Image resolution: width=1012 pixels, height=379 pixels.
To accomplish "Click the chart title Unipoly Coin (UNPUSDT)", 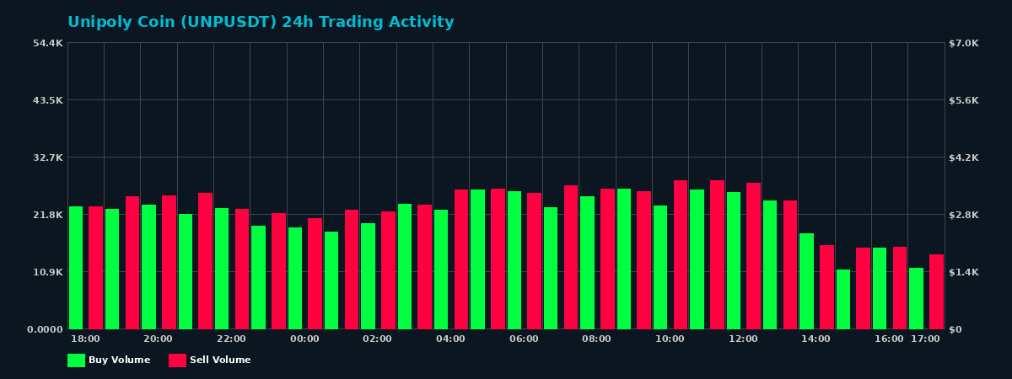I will (261, 23).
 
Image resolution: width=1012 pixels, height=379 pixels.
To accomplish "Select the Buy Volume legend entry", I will (109, 360).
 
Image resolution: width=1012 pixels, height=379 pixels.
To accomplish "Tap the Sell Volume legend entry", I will (210, 360).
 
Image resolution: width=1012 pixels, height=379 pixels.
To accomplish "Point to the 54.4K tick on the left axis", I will (48, 43).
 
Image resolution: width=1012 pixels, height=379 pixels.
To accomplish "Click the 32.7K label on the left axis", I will (48, 157).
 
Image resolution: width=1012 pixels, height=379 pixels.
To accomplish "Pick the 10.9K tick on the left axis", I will (48, 272).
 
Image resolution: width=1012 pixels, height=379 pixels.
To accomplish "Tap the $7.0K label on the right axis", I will (964, 43).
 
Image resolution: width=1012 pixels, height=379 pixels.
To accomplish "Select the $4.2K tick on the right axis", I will (964, 157).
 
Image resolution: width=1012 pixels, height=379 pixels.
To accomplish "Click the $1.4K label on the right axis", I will (964, 272).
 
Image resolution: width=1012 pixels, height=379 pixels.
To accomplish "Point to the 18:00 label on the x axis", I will (85, 339).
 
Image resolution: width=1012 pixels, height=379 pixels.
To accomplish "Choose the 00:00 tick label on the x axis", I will (304, 339).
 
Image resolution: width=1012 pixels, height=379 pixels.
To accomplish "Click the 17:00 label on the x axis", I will (925, 339).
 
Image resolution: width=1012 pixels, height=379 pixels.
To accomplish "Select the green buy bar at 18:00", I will (76, 268).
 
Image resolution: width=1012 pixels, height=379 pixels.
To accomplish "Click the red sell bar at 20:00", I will (169, 262).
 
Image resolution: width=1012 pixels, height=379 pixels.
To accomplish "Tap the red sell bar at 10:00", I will (681, 254).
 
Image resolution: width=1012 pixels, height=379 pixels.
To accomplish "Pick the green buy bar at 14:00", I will (807, 281).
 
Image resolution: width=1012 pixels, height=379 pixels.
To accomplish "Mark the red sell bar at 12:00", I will (753, 256).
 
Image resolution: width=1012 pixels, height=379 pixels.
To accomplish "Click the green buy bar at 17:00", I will (917, 298).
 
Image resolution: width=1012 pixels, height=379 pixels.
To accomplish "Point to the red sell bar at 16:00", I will (900, 288).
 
